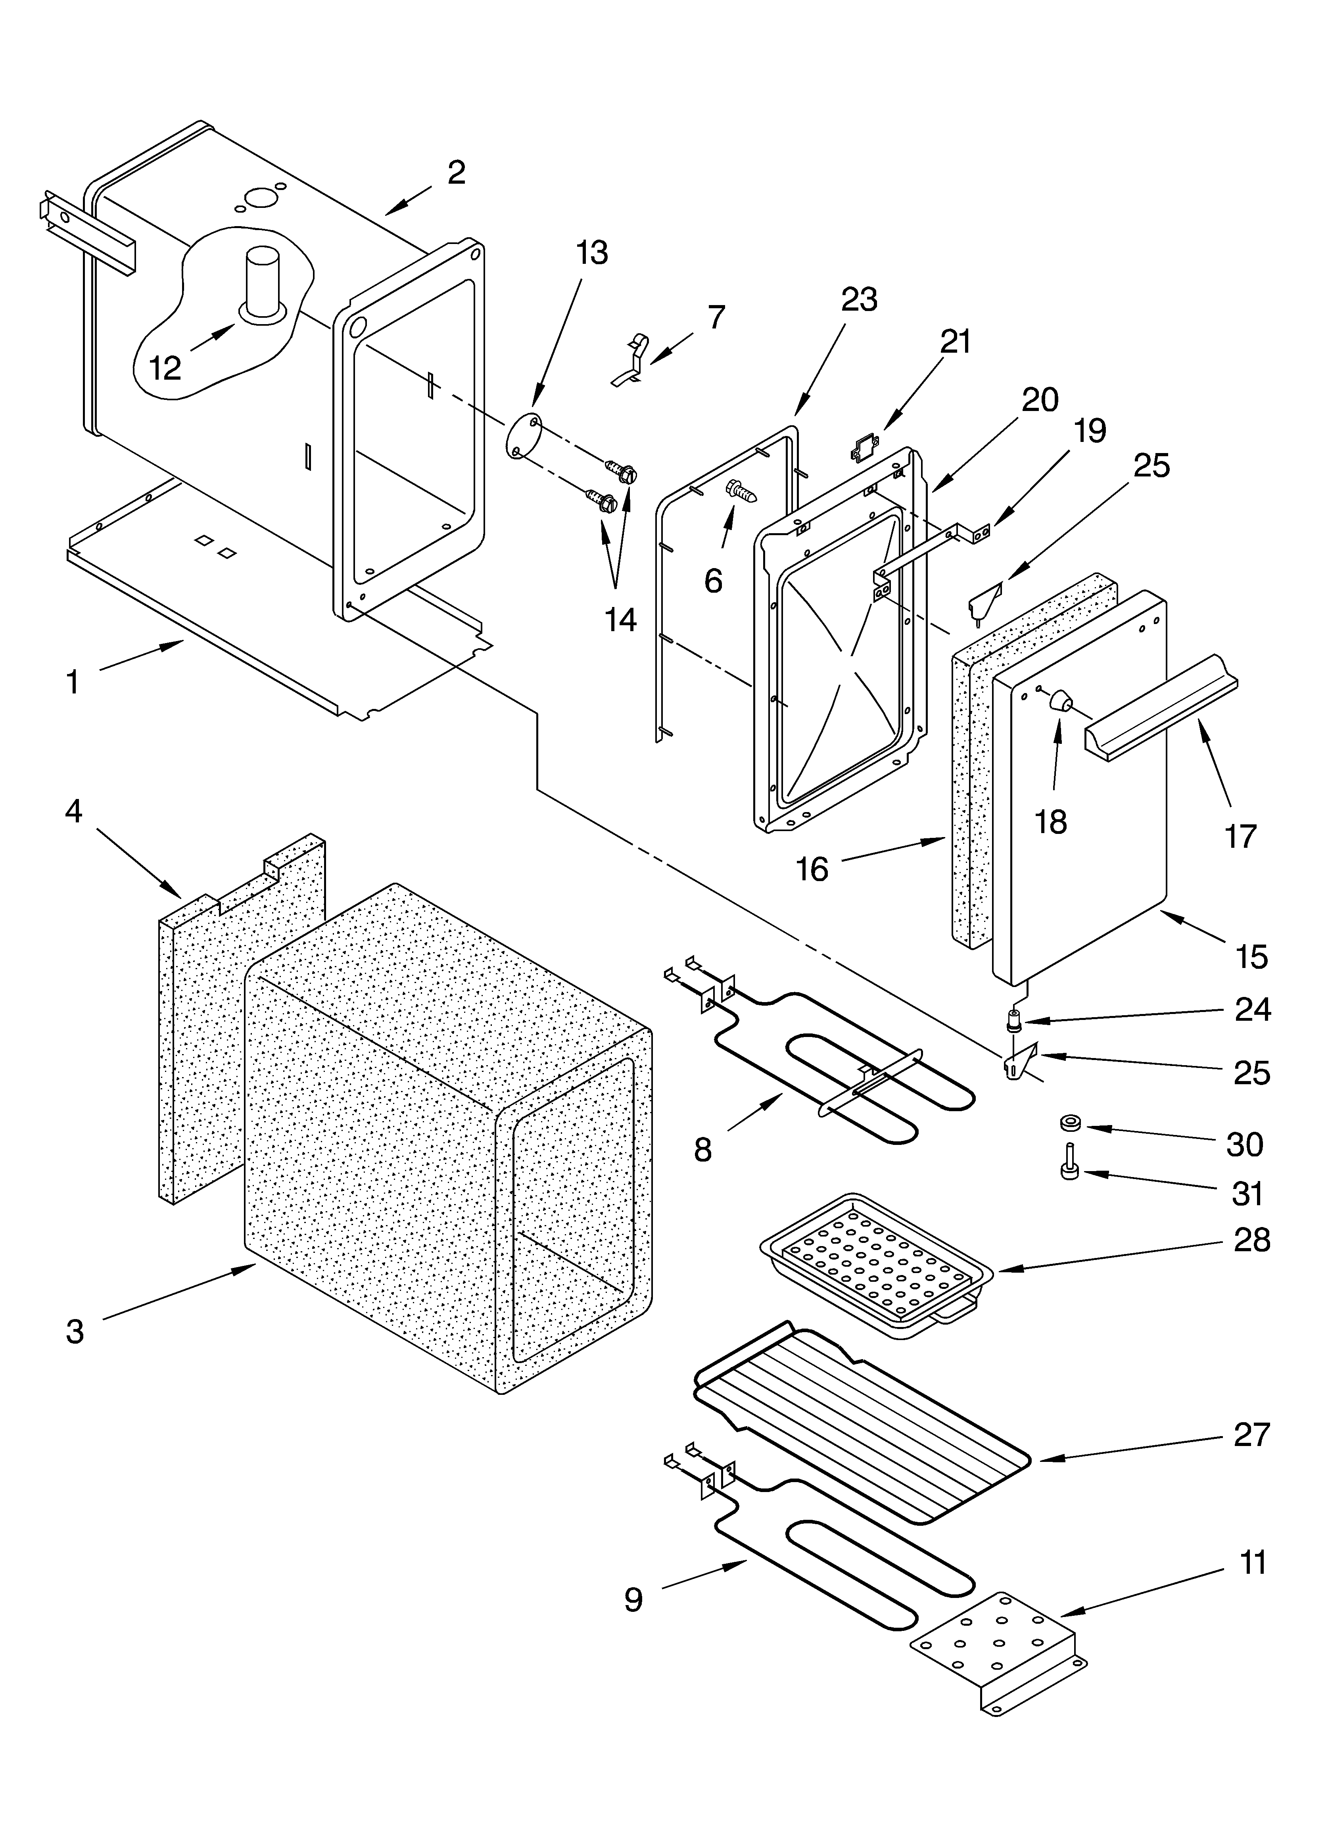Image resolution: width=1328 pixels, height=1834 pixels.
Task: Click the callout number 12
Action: [165, 369]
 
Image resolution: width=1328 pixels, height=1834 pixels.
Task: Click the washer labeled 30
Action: [1072, 1123]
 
